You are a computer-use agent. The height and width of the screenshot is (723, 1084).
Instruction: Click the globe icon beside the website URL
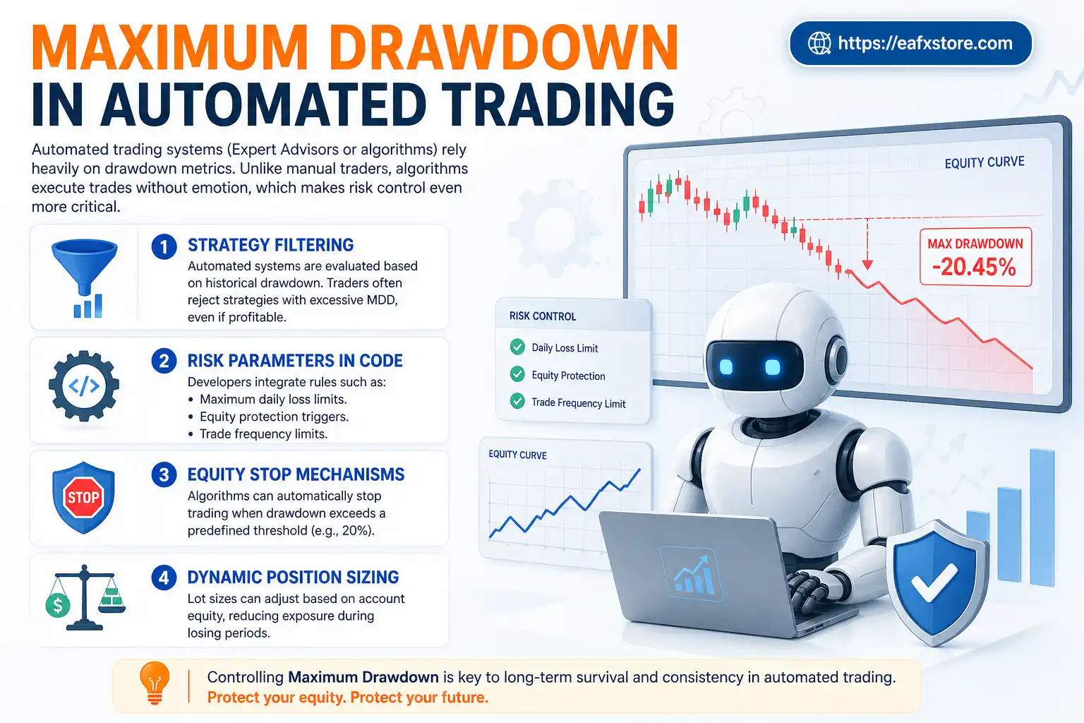819,44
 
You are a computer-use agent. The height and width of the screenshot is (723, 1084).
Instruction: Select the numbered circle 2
164,361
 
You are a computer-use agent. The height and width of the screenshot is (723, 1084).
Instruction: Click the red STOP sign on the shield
83,497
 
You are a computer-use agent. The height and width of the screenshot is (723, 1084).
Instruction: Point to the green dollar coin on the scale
58,604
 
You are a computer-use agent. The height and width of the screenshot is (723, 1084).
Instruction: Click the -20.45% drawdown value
974,267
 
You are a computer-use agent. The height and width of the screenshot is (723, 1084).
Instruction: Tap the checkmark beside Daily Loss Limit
517,347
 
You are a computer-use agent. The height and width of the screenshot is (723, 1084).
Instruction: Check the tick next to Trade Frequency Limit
517,402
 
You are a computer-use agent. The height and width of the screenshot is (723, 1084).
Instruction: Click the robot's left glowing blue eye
726,367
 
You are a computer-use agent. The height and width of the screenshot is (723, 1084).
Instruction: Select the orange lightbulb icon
155,681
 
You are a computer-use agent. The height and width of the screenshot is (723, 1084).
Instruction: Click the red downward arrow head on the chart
867,264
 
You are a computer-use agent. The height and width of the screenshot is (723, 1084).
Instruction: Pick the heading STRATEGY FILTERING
270,245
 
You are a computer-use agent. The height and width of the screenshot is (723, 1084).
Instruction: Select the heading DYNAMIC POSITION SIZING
293,577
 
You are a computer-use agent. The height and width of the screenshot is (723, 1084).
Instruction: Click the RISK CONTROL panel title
543,316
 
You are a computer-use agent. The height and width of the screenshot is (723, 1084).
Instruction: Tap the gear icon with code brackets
84,386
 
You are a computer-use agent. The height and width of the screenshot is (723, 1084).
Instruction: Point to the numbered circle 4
164,578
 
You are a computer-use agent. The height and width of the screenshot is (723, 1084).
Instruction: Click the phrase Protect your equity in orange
275,698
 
